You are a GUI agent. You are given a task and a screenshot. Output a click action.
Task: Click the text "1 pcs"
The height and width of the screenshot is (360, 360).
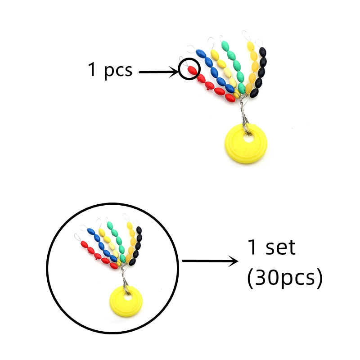coord(110,71)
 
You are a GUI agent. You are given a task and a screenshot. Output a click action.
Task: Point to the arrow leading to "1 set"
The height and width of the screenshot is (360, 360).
coord(210,261)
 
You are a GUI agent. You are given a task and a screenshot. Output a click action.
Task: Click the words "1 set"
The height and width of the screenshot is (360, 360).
coord(272,247)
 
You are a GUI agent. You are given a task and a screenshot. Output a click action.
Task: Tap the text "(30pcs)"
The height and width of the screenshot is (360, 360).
coord(285,279)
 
